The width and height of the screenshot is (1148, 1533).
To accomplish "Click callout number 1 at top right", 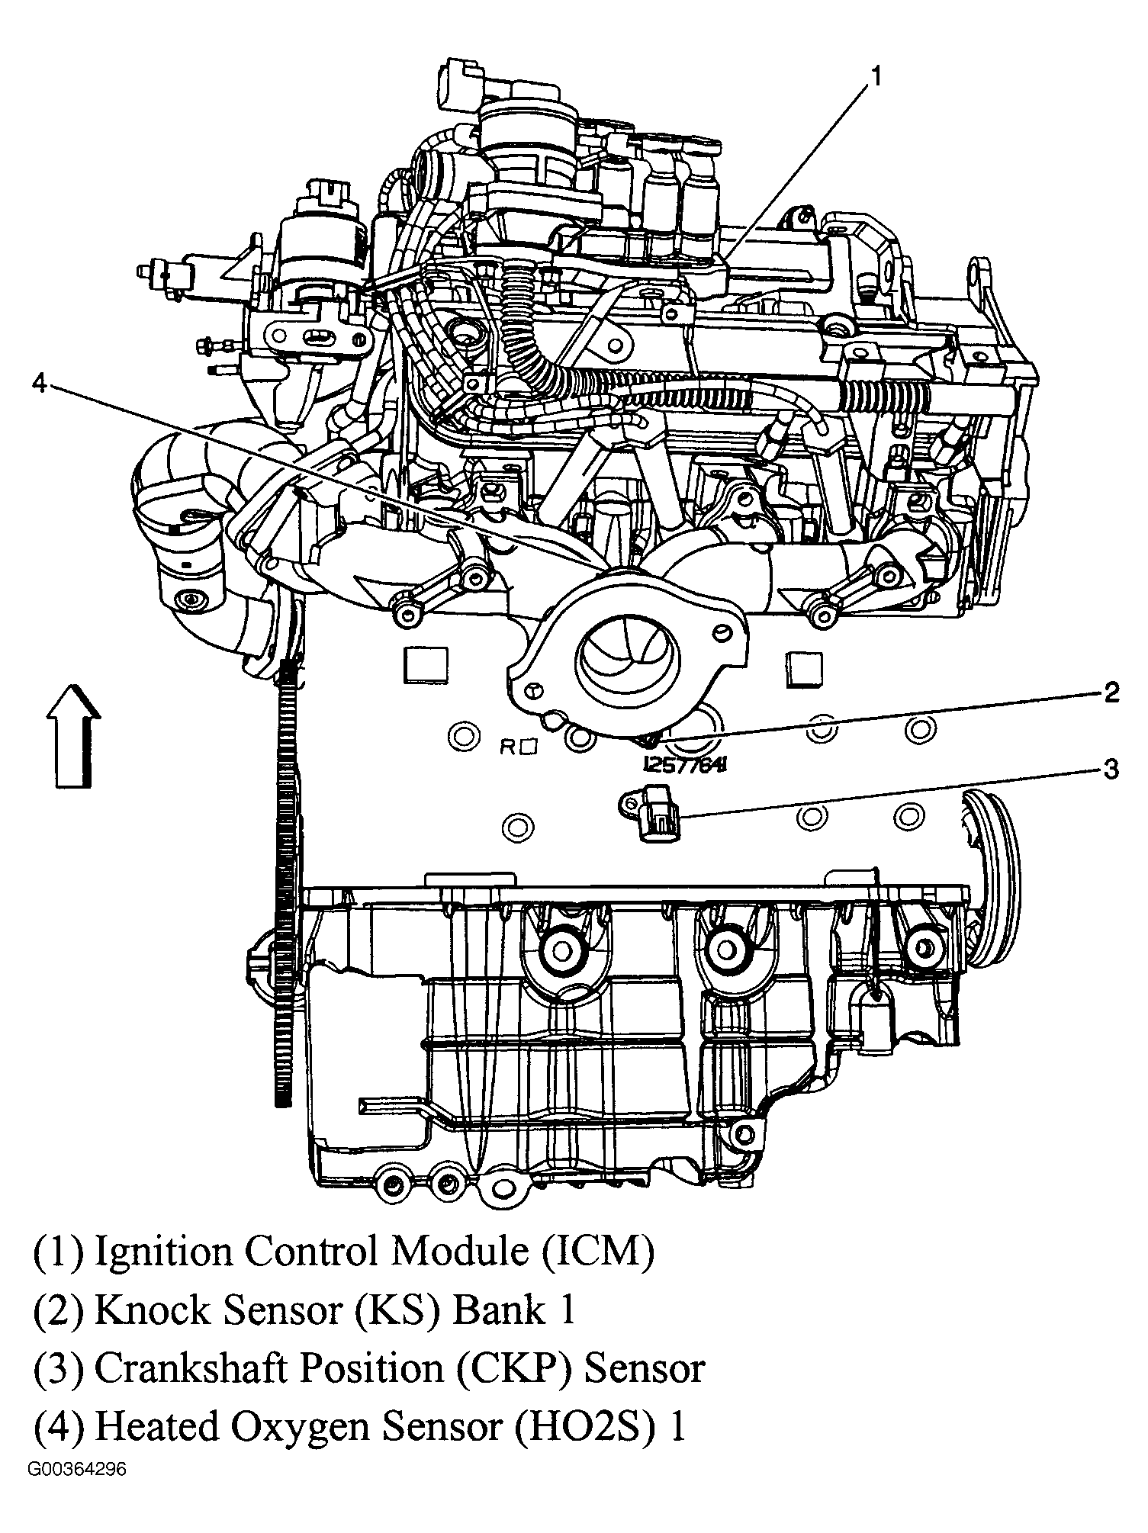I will click(x=876, y=76).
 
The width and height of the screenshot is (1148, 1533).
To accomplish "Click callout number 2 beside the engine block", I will click(x=1110, y=693).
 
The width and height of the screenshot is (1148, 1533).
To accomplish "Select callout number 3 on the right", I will click(x=1111, y=770).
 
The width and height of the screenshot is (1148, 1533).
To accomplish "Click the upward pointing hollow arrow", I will click(x=73, y=736).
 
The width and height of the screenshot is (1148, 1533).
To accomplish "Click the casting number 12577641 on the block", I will click(x=684, y=764).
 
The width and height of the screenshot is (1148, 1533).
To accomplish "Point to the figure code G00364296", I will click(x=77, y=1490).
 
